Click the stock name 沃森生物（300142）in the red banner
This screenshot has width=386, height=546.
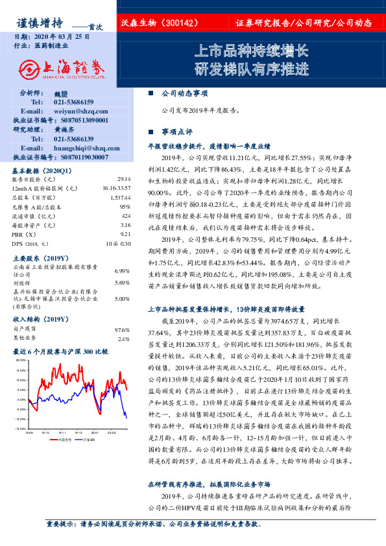tap(160, 23)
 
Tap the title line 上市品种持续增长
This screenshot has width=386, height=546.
tap(252, 51)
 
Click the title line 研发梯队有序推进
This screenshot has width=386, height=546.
tap(252, 69)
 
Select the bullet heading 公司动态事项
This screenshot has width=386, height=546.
tap(184, 93)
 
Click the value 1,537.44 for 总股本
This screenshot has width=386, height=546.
tap(120, 196)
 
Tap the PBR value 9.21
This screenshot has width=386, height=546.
tap(125, 233)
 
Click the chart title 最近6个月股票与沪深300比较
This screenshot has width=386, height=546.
tap(61, 351)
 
